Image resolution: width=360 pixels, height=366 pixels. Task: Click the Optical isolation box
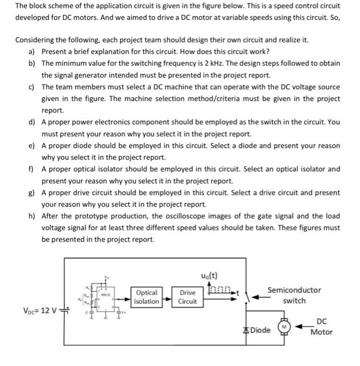click(x=147, y=297)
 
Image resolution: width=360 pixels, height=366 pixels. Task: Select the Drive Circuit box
click(x=188, y=297)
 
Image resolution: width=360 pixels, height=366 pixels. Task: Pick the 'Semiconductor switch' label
click(x=294, y=295)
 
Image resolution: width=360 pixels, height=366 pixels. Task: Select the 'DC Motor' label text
click(x=321, y=326)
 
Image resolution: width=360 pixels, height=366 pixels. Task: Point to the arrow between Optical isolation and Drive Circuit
click(x=168, y=300)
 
